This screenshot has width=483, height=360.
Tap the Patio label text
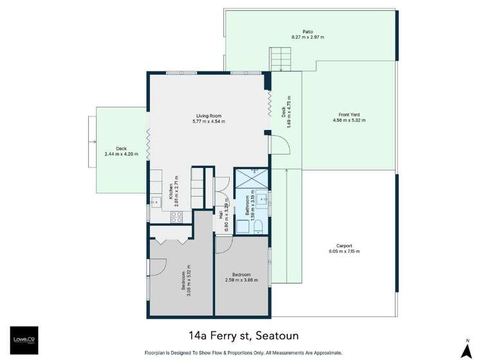point(307,33)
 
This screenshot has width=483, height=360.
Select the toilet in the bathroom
point(257,225)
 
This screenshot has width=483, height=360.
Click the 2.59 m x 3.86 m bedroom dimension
point(241,279)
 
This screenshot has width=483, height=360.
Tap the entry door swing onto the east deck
point(275,144)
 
